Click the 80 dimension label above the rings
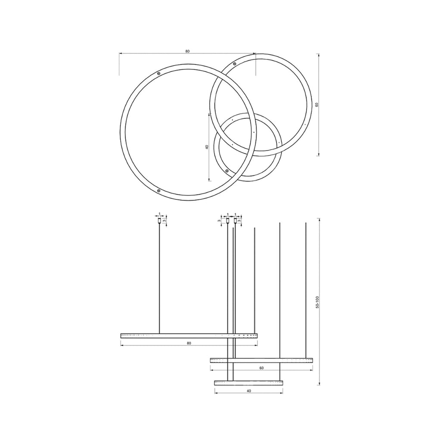tap(187, 51)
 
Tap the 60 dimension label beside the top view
tap(317, 105)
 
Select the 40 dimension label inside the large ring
tap(207, 147)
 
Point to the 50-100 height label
tap(317, 302)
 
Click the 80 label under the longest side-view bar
tap(189, 343)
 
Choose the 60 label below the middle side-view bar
tap(261, 368)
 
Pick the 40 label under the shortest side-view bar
tap(248, 391)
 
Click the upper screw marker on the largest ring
tap(158, 74)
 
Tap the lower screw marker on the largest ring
tap(158, 191)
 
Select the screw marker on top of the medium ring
tap(234, 64)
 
